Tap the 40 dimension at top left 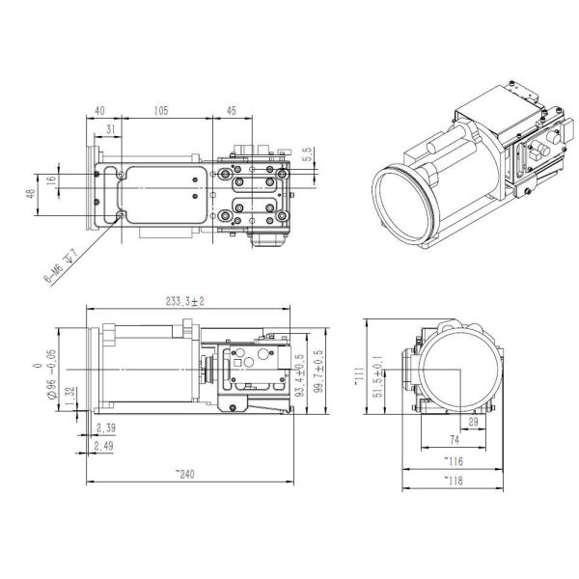point(102,111)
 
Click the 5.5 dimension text point(307,152)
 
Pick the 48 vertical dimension point(31,197)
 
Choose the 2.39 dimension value point(107,427)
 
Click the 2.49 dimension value point(107,445)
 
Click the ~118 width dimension point(453,480)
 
